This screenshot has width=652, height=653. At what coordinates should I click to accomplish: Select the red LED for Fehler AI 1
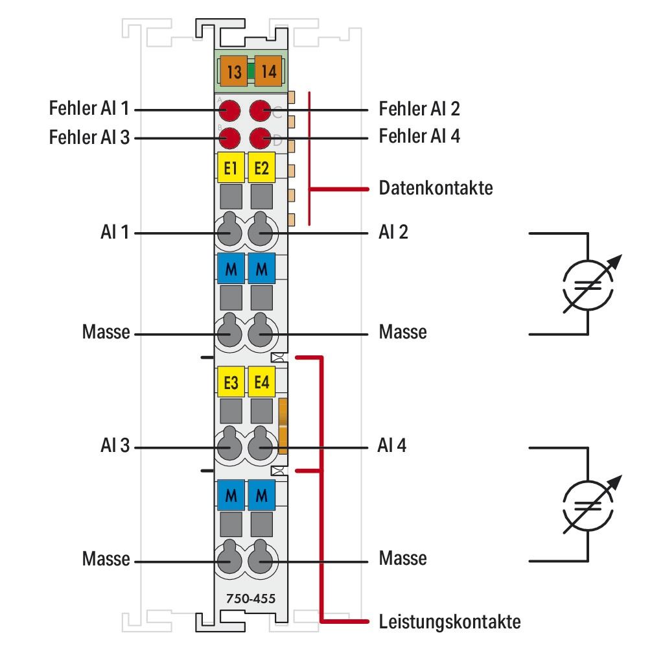click(229, 111)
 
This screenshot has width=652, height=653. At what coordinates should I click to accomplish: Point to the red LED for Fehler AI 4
click(261, 137)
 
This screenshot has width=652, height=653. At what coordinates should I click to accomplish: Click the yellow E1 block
click(229, 169)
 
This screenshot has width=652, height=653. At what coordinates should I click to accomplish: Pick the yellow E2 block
click(262, 169)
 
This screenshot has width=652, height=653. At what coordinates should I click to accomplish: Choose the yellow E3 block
click(229, 383)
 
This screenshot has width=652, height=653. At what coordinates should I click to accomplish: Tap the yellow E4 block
click(262, 383)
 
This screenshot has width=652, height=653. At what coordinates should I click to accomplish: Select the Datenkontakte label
click(436, 189)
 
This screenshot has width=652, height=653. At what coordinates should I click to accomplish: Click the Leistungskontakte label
click(449, 623)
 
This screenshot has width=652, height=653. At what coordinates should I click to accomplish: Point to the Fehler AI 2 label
click(419, 108)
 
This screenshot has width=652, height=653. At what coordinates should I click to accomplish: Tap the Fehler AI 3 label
click(89, 137)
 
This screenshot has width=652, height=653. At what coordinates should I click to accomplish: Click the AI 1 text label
click(113, 232)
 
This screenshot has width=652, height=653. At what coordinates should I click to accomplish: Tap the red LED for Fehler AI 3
click(229, 137)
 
